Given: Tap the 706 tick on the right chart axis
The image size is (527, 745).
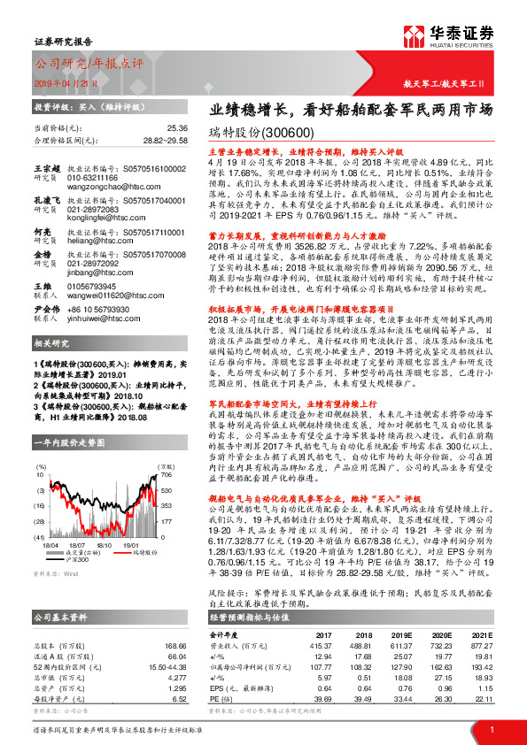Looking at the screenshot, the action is click(164, 474).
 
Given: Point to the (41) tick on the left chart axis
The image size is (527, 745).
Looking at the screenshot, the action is click(41, 536).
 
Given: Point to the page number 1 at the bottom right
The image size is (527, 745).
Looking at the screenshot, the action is click(491, 729).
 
